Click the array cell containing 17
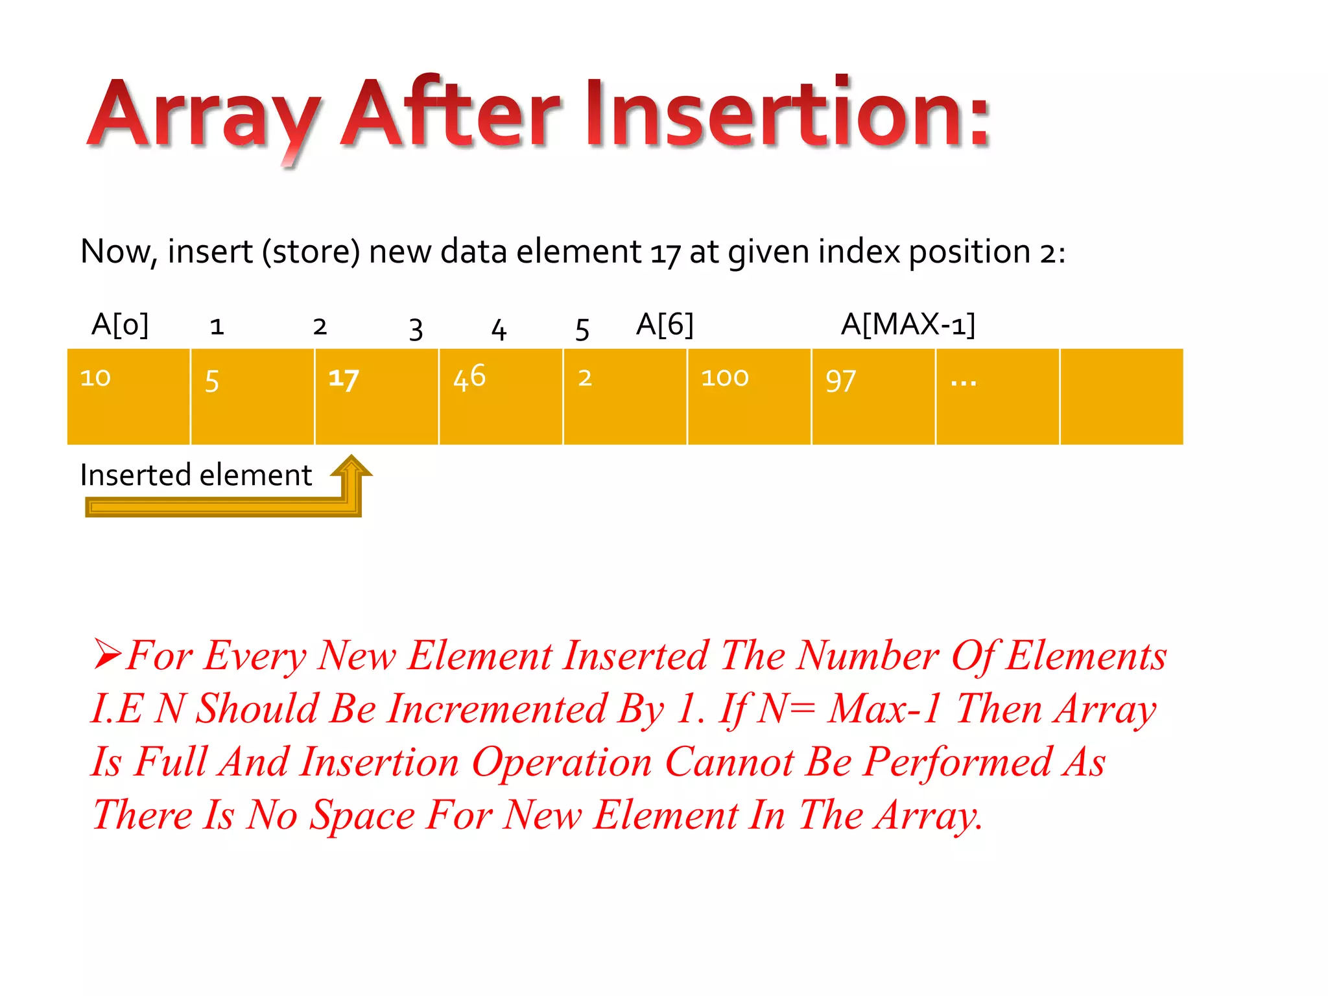click(376, 396)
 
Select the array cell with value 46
click(501, 396)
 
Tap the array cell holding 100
click(749, 396)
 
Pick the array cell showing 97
click(873, 396)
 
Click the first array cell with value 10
click(128, 396)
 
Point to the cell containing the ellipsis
click(997, 396)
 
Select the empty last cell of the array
click(1121, 396)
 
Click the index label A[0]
click(120, 324)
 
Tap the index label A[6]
click(665, 324)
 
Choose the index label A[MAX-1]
click(908, 324)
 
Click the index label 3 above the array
click(416, 329)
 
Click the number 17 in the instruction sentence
click(665, 253)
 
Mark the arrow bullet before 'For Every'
click(107, 654)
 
